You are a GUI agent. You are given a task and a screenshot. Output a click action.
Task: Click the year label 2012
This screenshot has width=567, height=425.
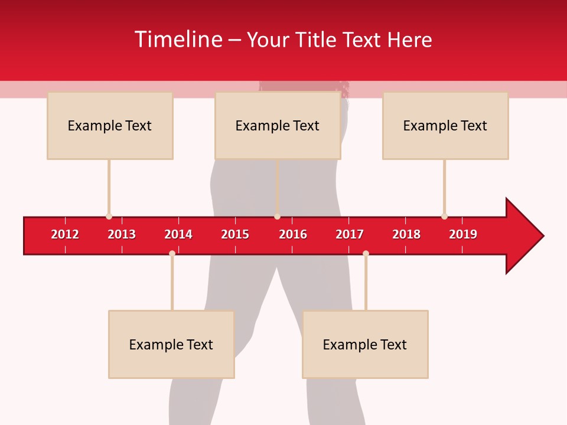(65, 234)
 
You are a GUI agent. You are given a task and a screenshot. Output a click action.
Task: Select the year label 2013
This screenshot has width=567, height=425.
(122, 234)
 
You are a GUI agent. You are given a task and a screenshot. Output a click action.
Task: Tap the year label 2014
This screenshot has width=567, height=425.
(178, 234)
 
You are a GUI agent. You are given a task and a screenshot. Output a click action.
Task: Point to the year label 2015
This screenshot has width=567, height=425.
(235, 234)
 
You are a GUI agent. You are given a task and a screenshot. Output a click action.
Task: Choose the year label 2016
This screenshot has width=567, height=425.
(293, 234)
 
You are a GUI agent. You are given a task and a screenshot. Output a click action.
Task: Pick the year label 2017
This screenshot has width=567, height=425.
(350, 234)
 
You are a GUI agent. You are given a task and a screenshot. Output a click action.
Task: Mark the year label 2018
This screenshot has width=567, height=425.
(406, 234)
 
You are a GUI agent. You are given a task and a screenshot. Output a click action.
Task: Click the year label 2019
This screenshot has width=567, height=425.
(463, 234)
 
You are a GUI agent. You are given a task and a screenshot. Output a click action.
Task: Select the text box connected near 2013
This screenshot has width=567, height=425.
(110, 125)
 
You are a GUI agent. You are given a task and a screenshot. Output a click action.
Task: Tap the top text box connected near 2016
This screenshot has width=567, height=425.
(278, 125)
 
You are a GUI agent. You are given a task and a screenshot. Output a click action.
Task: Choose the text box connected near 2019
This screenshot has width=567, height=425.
(445, 125)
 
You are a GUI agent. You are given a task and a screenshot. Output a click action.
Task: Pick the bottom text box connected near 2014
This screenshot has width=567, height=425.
(171, 344)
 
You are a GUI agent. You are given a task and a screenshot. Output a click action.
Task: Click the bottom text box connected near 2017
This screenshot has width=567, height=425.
(365, 344)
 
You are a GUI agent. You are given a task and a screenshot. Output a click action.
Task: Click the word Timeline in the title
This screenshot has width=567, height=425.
(178, 40)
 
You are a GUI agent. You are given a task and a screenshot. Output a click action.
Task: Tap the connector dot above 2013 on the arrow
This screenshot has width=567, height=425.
(109, 217)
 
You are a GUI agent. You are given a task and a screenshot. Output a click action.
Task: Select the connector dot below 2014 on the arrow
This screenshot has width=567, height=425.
(172, 254)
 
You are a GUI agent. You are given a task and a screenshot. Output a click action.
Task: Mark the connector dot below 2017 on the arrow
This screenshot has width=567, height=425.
(366, 254)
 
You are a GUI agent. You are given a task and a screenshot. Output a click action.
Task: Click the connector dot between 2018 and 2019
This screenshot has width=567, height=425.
(444, 217)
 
